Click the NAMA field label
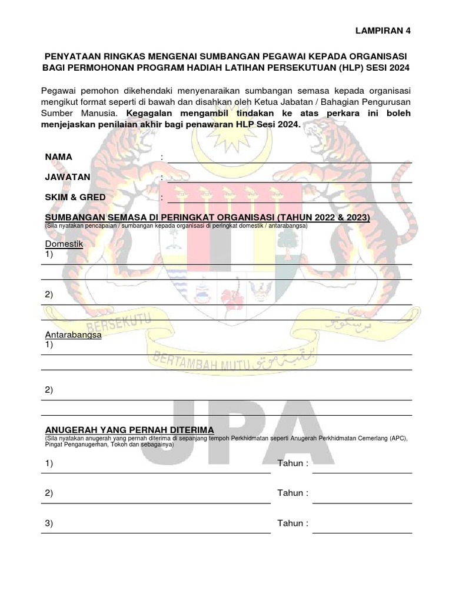click(x=58, y=157)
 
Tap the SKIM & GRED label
click(x=75, y=197)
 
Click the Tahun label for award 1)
click(x=293, y=463)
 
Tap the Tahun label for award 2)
click(x=293, y=493)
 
